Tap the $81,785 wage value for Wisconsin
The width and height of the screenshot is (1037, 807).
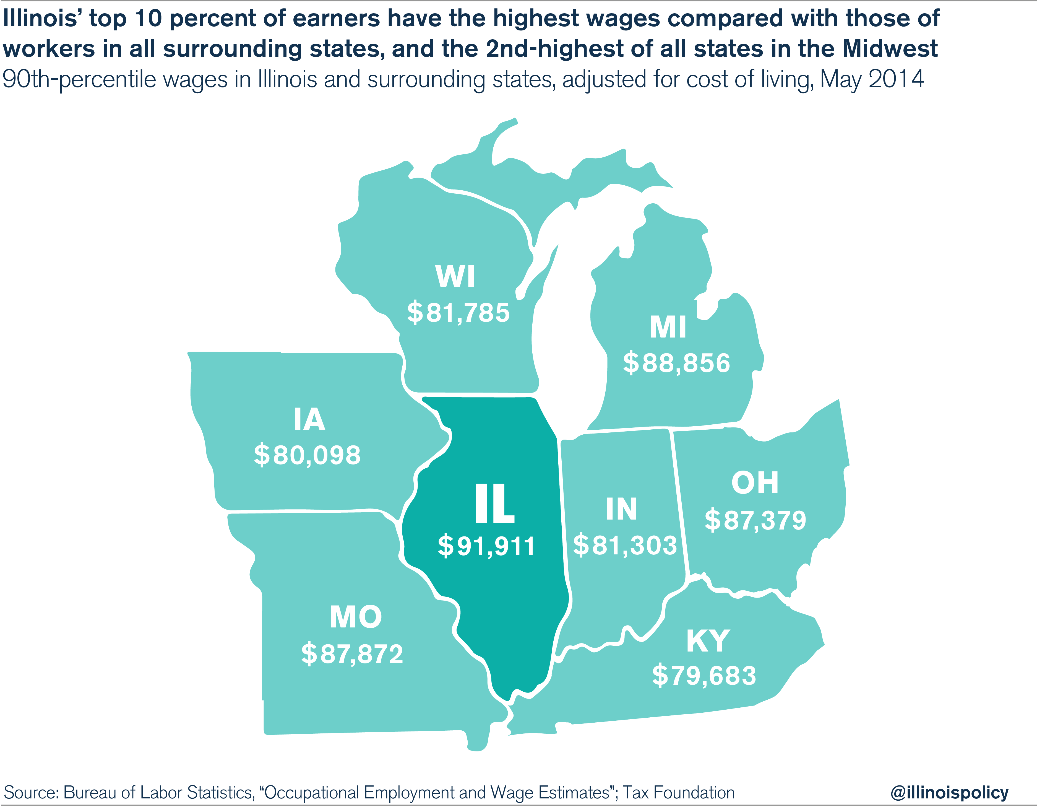pos(458,313)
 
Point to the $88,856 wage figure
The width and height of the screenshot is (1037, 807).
pos(676,363)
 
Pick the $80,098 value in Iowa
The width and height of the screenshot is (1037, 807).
pos(307,455)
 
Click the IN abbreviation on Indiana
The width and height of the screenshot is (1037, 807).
pos(621,509)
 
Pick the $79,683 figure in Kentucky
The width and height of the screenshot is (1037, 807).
pos(704,675)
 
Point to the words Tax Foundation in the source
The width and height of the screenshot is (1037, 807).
pos(679,792)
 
